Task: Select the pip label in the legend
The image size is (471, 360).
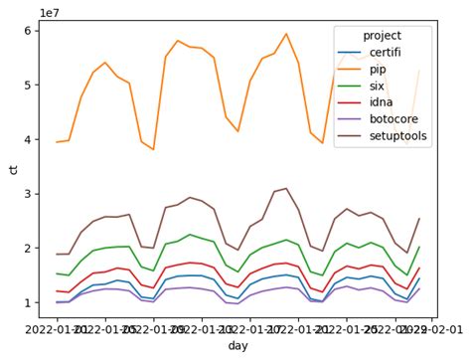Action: coord(379,71)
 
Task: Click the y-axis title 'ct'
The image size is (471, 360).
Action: coord(13,168)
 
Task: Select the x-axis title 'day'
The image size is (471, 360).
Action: coord(237,345)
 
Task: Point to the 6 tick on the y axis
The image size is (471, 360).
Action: coord(31,30)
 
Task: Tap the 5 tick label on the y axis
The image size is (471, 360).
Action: coord(31,85)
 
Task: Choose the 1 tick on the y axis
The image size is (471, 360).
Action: coord(31,302)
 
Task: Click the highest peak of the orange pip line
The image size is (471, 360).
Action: coord(286,34)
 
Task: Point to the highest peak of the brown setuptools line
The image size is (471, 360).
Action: coord(286,188)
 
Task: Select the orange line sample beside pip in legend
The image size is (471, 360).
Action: coord(348,71)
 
